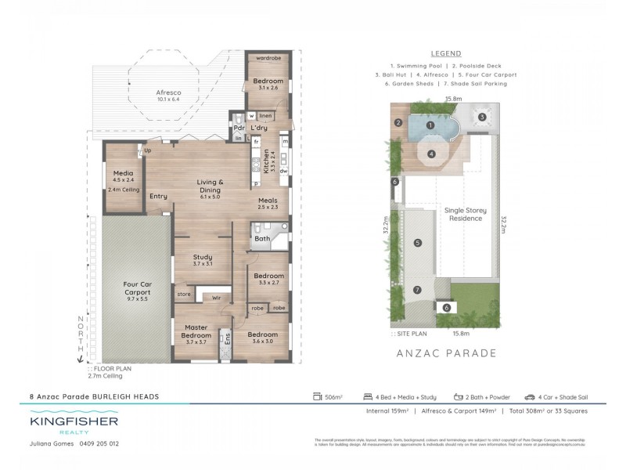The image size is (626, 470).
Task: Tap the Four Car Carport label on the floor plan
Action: click(x=137, y=291)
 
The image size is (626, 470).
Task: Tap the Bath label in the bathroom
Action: click(x=261, y=237)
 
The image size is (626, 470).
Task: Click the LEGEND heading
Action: click(x=445, y=53)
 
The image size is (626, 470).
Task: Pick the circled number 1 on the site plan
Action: click(x=430, y=125)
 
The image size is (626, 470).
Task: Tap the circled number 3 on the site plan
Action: click(x=483, y=117)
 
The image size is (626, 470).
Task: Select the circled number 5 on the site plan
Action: click(x=418, y=244)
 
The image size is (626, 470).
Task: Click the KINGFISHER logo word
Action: click(x=75, y=421)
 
